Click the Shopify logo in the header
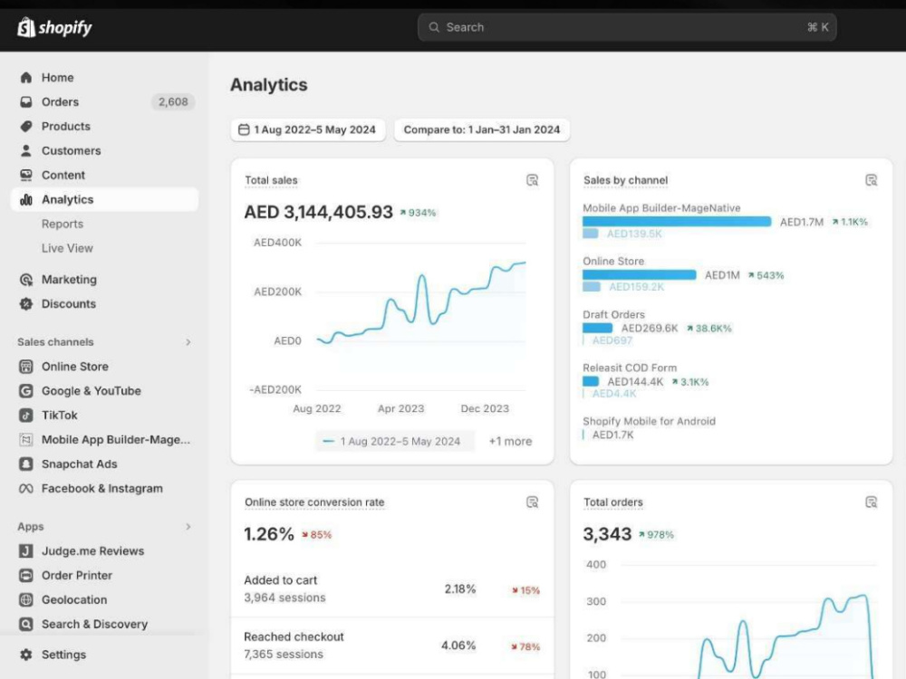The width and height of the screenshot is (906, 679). [x=55, y=27]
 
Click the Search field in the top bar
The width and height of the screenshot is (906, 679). [x=627, y=27]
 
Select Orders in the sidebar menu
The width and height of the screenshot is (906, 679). [x=60, y=102]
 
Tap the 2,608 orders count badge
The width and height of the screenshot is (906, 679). [x=173, y=102]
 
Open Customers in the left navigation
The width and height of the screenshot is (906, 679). [x=71, y=150]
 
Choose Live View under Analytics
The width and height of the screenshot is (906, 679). [x=67, y=248]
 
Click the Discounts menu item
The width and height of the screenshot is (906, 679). [x=68, y=303]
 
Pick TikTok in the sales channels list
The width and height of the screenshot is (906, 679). [x=59, y=416]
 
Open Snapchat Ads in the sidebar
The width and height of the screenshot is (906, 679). [x=79, y=464]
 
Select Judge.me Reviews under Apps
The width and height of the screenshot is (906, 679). [x=92, y=550]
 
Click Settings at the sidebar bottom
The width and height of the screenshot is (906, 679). [x=63, y=655]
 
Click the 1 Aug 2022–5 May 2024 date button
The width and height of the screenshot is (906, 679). [x=308, y=129]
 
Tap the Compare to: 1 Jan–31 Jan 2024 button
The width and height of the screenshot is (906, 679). [x=482, y=129]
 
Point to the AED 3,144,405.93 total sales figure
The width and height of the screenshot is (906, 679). [x=318, y=212]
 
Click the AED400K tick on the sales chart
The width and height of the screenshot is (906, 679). [x=277, y=243]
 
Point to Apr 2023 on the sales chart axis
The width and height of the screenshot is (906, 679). [x=401, y=409]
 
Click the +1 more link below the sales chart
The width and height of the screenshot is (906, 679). [x=510, y=441]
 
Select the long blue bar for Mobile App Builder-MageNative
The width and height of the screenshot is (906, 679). [x=677, y=222]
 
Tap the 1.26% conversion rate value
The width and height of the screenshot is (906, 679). [x=269, y=534]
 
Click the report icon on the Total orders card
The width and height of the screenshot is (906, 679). [x=872, y=502]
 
